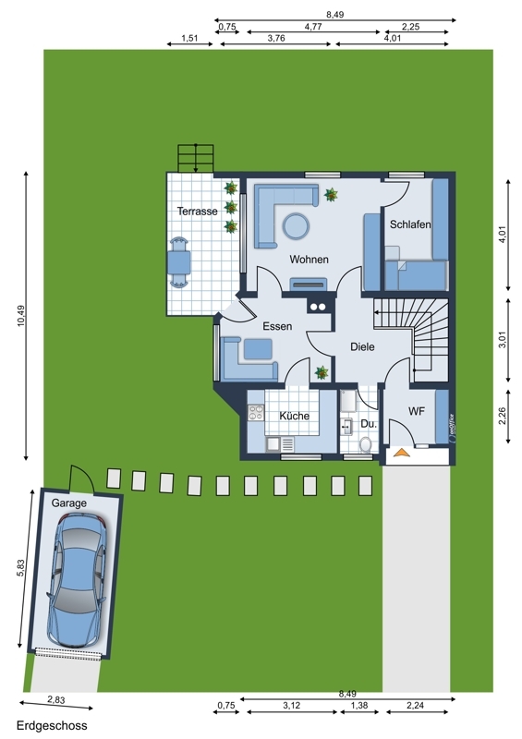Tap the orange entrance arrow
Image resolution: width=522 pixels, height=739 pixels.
[401, 453]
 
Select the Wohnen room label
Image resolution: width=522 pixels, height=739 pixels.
[309, 260]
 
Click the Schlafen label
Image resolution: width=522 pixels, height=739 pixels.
[410, 224]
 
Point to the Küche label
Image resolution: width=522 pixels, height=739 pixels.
[294, 416]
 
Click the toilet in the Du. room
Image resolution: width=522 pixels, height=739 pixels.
[366, 443]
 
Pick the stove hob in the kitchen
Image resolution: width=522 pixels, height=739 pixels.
[256, 413]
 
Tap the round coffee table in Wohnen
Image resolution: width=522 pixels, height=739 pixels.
[297, 226]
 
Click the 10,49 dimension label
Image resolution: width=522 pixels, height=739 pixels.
[21, 316]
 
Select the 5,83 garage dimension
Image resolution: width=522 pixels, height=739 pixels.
[19, 568]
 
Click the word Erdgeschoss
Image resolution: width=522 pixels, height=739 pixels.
[52, 726]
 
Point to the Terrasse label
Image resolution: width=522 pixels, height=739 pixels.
[197, 212]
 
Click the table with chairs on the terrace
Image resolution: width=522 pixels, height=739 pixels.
[179, 262]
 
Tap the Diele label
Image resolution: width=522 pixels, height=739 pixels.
[362, 347]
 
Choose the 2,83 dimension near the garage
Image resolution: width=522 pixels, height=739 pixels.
[56, 700]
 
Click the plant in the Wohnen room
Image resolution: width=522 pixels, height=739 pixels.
[331, 194]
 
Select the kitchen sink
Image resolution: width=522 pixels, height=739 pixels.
[273, 443]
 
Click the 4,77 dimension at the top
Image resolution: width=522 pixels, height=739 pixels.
[313, 27]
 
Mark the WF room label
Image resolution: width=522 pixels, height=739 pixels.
[417, 411]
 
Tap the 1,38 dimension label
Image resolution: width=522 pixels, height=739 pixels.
[358, 706]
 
